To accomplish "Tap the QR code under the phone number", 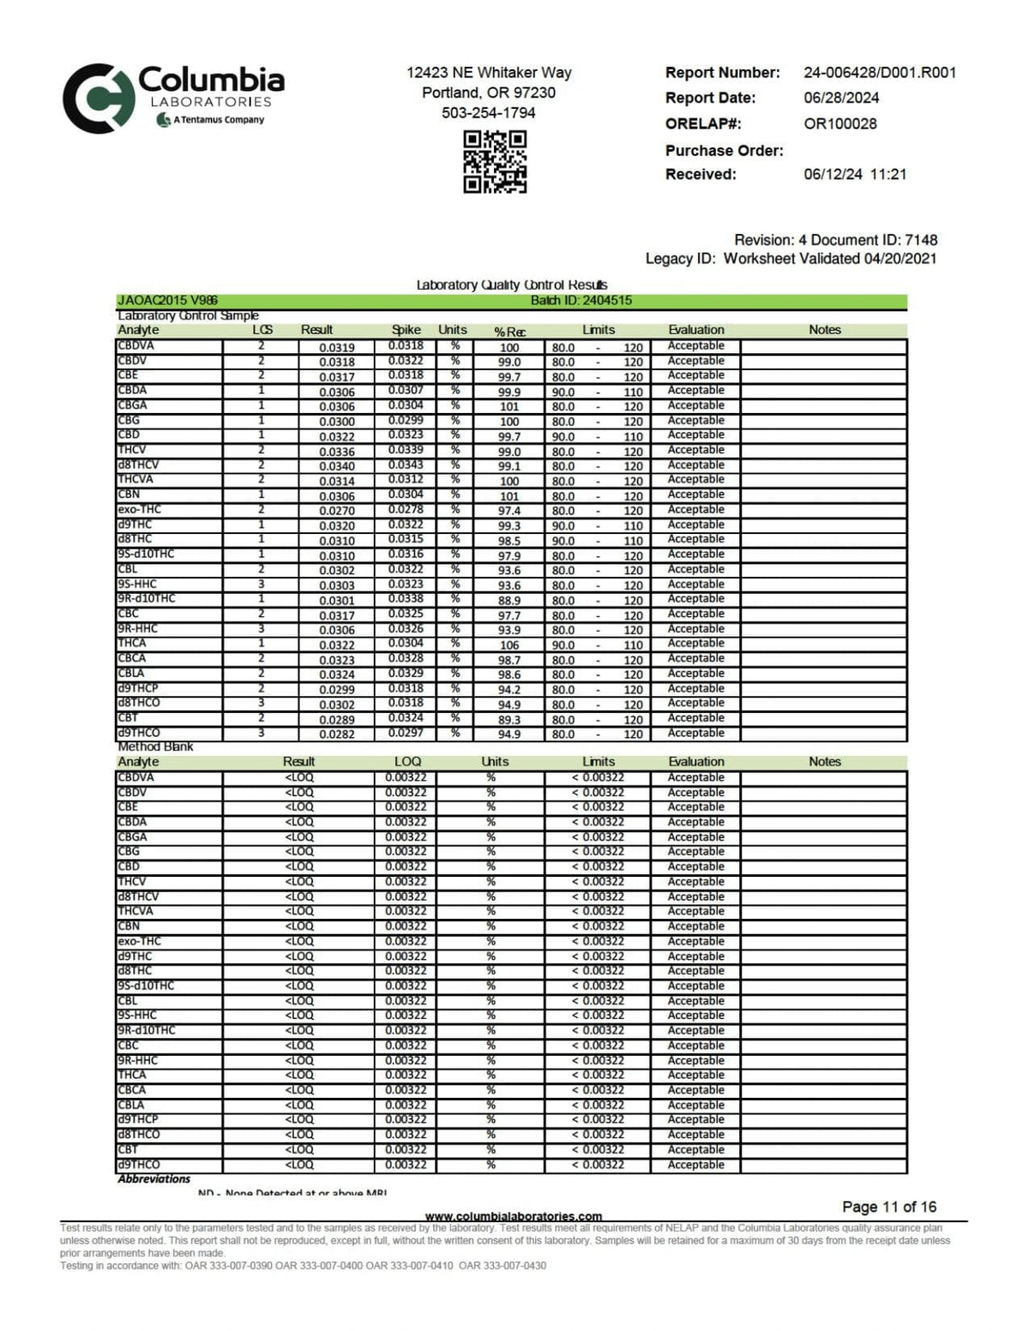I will click(495, 161).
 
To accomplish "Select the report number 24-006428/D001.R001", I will click(880, 73).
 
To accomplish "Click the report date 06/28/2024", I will click(841, 98).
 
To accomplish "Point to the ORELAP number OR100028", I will click(839, 123).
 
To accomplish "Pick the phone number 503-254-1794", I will click(488, 113).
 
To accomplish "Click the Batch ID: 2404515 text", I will click(581, 301).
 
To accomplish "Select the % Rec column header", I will click(509, 331).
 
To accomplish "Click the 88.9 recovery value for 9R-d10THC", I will click(509, 601).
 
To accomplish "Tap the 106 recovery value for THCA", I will click(509, 645).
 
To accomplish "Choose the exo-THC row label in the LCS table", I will click(139, 510).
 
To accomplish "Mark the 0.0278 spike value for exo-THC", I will click(406, 510).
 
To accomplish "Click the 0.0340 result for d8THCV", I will click(336, 466).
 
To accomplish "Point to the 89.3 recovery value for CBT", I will click(509, 720).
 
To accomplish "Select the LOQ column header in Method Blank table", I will click(407, 762).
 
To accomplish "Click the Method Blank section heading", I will click(155, 747).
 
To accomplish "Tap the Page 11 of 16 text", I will click(889, 1207).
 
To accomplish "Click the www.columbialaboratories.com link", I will click(514, 1216).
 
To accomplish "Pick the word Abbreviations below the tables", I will click(154, 1179).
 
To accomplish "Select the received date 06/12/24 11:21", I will click(855, 175).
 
